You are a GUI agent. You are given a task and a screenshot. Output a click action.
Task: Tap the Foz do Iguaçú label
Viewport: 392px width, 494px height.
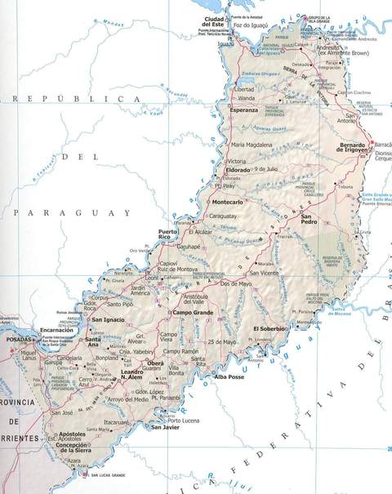251,25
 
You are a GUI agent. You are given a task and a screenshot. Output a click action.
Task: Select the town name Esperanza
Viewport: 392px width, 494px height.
244,109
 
